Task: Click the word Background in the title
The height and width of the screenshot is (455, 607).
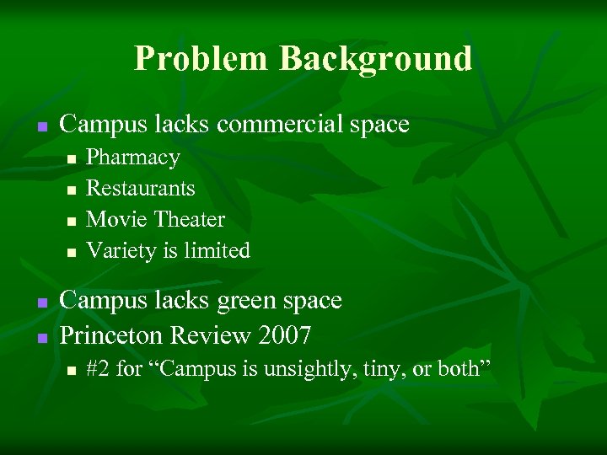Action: (x=375, y=59)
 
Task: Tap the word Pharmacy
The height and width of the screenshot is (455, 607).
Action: (x=133, y=158)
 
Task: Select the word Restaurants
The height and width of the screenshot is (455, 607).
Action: (x=141, y=189)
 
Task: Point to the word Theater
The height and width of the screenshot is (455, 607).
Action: (x=186, y=220)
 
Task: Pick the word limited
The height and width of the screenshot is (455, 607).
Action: (x=218, y=251)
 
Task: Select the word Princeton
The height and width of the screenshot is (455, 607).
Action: (x=110, y=336)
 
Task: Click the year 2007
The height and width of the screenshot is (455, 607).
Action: (x=284, y=336)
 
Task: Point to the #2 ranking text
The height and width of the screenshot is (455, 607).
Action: (x=99, y=369)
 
